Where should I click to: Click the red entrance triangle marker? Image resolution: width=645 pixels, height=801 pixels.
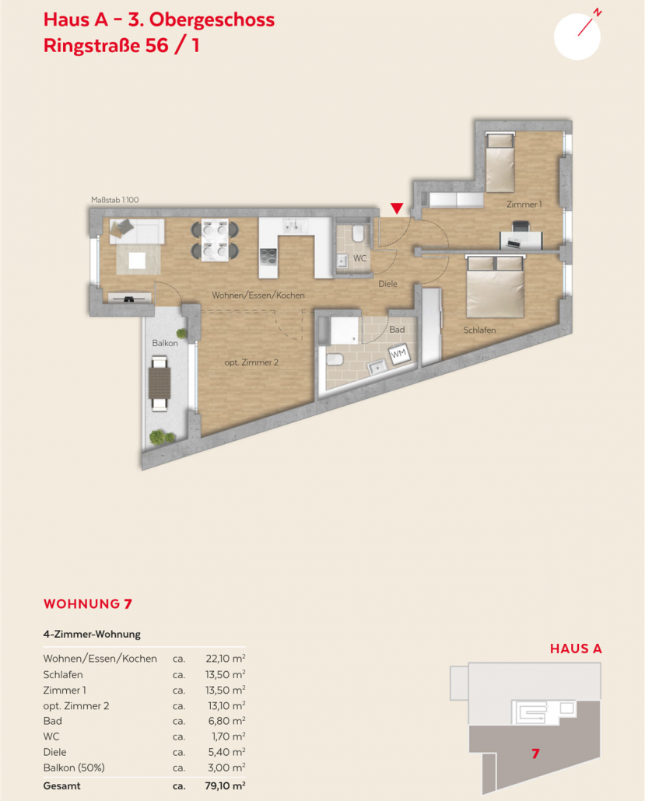coord(397,208)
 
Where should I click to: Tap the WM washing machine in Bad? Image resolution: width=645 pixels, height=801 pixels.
coord(398,354)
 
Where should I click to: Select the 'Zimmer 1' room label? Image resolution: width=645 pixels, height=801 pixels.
coord(524,205)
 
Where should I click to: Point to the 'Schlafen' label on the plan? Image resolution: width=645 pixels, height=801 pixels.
coord(479,330)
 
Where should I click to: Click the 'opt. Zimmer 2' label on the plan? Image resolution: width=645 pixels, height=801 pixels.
coord(251,362)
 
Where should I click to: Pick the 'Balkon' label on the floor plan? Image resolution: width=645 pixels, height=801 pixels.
coord(165,343)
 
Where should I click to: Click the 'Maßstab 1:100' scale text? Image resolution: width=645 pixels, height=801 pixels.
coord(115,200)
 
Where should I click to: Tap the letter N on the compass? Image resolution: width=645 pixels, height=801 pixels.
coord(598,12)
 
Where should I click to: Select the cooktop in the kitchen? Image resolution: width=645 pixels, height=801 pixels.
coord(268,255)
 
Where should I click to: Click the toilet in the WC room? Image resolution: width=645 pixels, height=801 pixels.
coord(358,234)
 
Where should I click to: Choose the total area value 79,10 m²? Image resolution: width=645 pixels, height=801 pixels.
coord(225,785)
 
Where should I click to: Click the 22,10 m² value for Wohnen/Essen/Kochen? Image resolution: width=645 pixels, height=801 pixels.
coord(226,659)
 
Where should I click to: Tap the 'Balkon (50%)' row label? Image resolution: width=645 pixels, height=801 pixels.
coord(74,768)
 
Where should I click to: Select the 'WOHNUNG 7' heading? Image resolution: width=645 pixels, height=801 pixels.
coord(88,603)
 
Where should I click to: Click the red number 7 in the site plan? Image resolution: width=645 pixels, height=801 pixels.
coord(535,754)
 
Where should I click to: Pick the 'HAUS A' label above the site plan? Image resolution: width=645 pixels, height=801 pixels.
coord(576,649)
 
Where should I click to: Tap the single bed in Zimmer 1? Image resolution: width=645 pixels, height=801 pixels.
coord(500,162)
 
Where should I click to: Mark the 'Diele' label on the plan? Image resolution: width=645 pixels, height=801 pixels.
coord(387,284)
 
